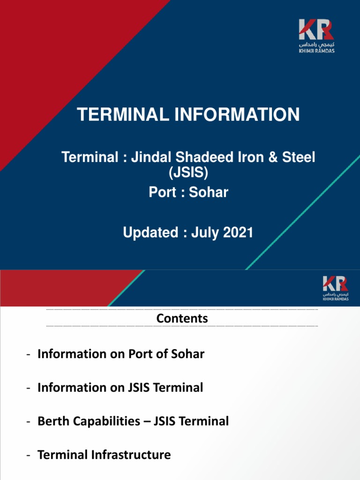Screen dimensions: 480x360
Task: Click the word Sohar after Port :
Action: [x=209, y=192]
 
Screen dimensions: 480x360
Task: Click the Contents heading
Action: [x=182, y=318]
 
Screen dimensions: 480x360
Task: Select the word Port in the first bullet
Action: [x=141, y=354]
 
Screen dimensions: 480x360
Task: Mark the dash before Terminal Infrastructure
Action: [x=29, y=455]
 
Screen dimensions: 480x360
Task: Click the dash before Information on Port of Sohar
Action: [x=29, y=354]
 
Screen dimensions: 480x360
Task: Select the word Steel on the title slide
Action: [x=301, y=157]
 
